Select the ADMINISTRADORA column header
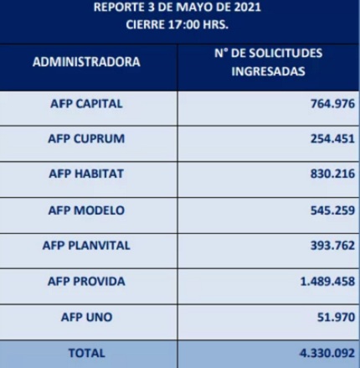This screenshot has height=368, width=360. [x=86, y=63]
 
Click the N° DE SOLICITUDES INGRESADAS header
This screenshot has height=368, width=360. [x=268, y=63]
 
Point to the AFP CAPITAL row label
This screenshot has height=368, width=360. [x=86, y=104]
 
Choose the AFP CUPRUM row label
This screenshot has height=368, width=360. [x=86, y=139]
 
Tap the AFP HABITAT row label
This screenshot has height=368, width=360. [x=86, y=174]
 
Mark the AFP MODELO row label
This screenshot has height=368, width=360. [x=86, y=210]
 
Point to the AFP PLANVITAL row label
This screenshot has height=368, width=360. [x=86, y=246]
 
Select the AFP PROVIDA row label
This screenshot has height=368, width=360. [x=86, y=282]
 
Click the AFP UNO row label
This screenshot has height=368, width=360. [x=86, y=319]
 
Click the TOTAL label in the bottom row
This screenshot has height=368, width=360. [x=86, y=354]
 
